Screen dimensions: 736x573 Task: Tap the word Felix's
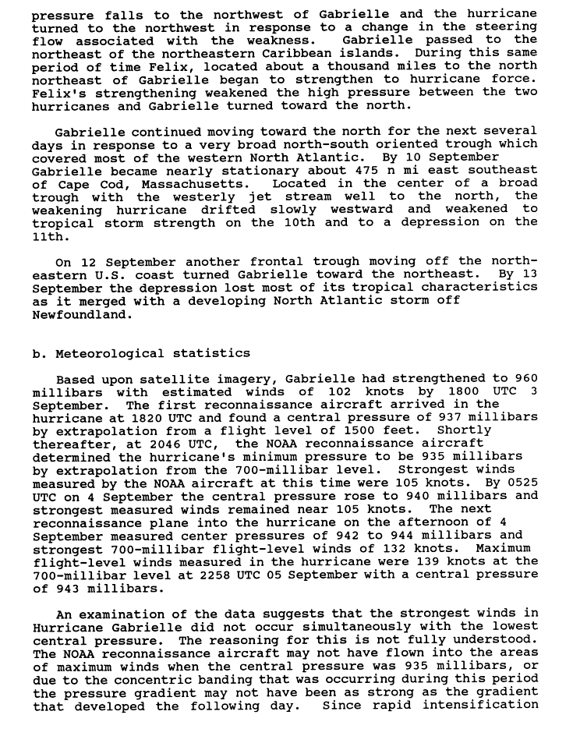click(x=56, y=92)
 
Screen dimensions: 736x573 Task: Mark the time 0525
click(x=522, y=483)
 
